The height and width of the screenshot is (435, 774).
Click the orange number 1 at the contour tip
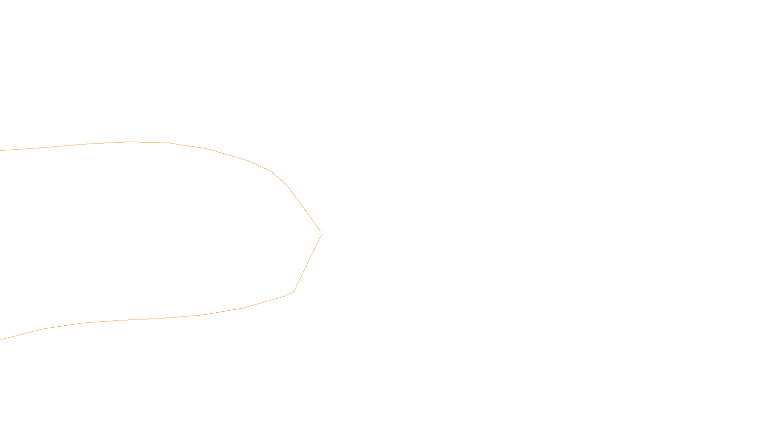[322, 232]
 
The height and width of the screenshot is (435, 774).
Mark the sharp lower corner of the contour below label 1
[294, 291]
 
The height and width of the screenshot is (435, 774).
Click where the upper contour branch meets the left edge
[1, 150]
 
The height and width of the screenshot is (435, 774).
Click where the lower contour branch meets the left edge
[1, 340]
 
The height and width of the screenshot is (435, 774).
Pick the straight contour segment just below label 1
[308, 263]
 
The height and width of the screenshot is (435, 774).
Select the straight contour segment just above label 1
[303, 208]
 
